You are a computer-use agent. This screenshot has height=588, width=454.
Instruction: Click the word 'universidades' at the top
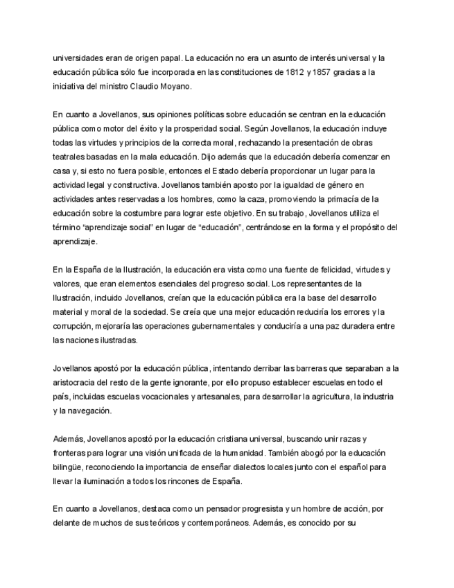pos(78,58)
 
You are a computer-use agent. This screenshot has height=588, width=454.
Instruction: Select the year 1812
pos(286,72)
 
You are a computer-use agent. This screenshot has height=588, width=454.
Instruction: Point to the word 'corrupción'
pos(74,326)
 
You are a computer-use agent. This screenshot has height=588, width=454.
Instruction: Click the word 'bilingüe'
pos(70,467)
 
